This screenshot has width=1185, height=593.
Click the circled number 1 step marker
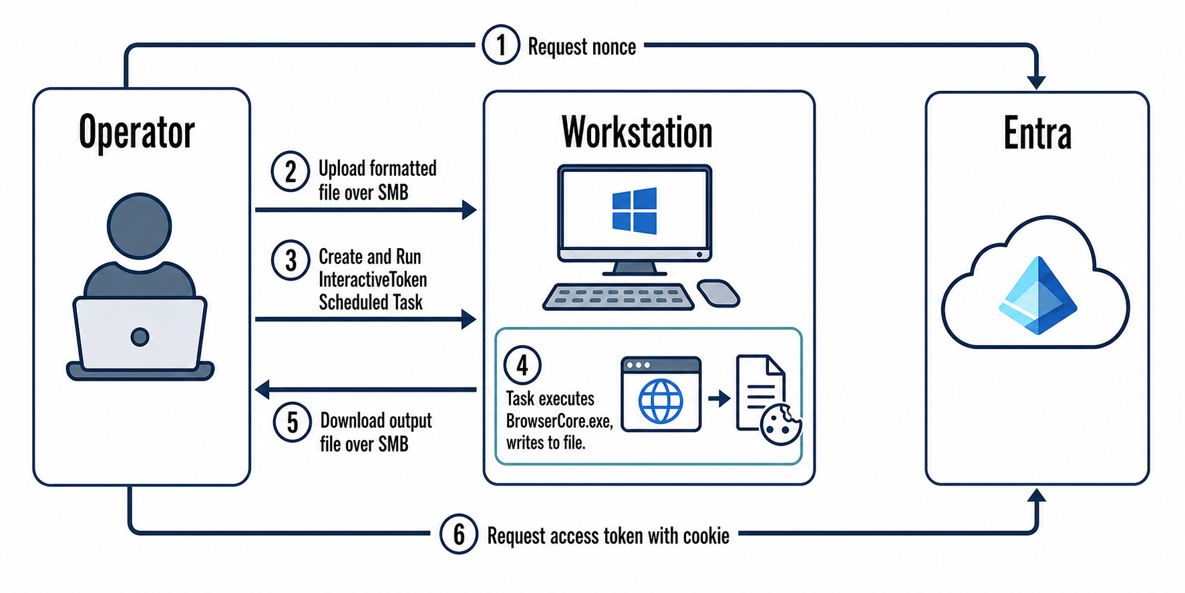500,45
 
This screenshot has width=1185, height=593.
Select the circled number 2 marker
290,172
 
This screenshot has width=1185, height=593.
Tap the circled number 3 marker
291,260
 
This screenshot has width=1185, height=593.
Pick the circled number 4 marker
522,365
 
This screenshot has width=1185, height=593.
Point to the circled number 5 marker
293,423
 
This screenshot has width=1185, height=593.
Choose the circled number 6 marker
459,534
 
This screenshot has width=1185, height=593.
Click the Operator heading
137,132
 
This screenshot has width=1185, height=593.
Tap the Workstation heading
637,132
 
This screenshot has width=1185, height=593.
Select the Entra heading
1037,134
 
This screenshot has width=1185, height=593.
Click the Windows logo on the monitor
635,211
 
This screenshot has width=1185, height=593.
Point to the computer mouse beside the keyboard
718,293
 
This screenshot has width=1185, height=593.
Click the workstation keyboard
618,297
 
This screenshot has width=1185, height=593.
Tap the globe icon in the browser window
661,402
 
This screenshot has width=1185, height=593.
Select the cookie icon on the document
781,425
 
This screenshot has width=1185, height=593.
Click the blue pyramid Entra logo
1037,295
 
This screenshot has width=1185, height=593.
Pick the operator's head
140,226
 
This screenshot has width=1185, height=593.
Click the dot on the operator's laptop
140,336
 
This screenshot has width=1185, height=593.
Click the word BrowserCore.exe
559,421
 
